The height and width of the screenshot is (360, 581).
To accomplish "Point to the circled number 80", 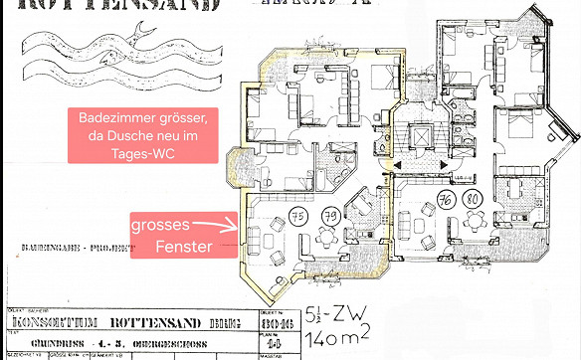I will [476, 200].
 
